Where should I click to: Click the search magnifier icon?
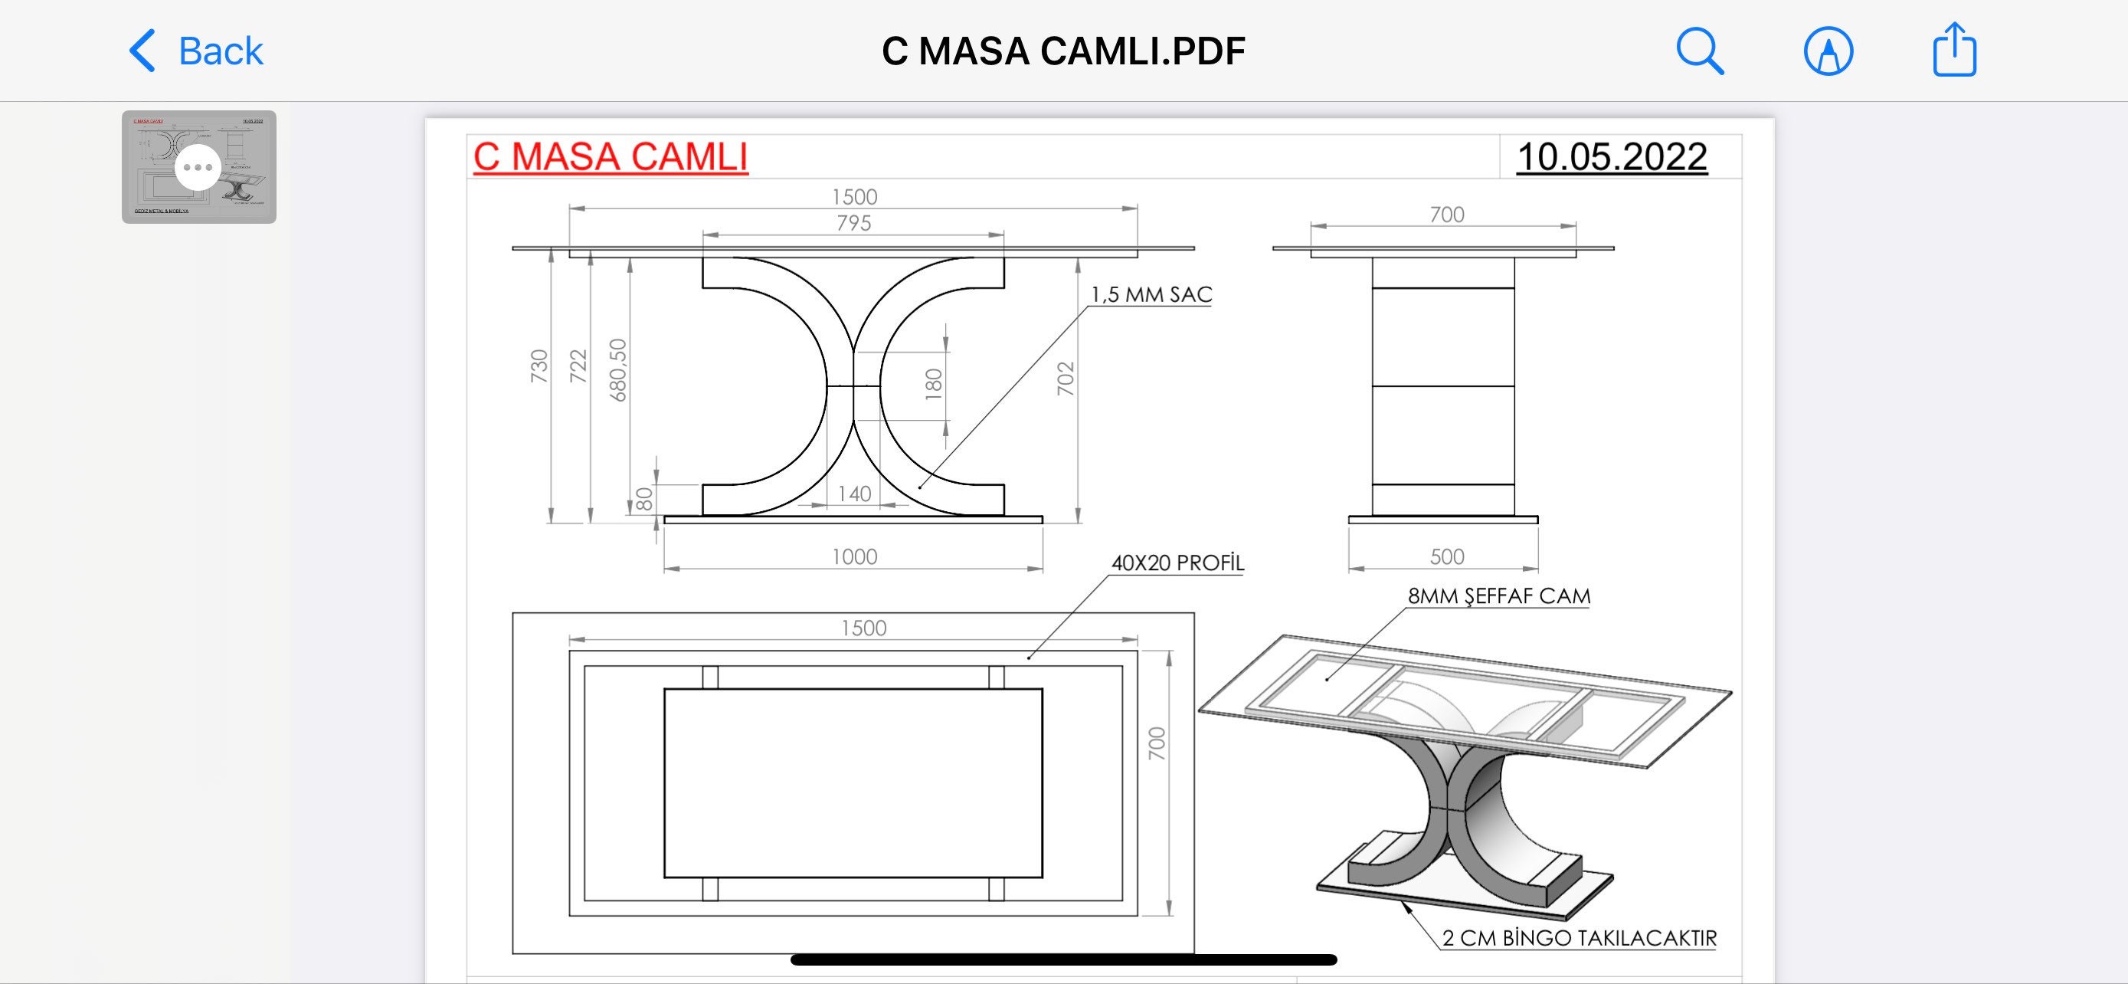click(1699, 51)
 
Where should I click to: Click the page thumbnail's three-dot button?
click(198, 167)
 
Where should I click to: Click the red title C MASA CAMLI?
click(611, 157)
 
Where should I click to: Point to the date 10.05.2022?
click(1612, 157)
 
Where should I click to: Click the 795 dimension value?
click(853, 223)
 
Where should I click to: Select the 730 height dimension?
click(539, 366)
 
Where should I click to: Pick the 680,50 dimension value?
click(618, 370)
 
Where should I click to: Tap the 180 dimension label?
click(934, 385)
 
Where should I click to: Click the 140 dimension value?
click(854, 494)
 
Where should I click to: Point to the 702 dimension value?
click(1066, 379)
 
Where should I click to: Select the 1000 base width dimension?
click(854, 557)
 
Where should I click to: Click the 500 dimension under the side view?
click(1446, 557)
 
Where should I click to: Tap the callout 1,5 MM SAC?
click(1151, 295)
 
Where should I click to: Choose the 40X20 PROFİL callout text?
click(1177, 563)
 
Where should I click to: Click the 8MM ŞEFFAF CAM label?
click(1498, 596)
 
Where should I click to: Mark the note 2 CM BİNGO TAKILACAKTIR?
click(1579, 939)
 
